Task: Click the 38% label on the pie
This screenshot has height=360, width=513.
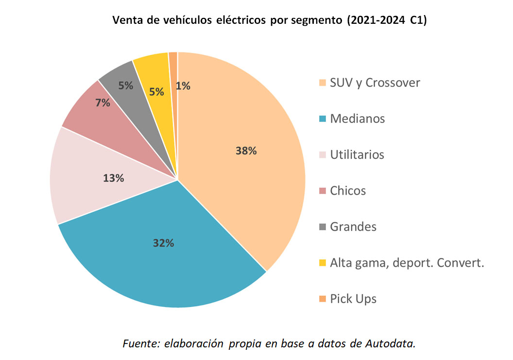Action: tap(246, 151)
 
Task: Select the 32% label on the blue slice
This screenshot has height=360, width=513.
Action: tap(163, 243)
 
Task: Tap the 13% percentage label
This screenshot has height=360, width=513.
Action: tap(113, 178)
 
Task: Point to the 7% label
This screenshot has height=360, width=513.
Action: tap(103, 103)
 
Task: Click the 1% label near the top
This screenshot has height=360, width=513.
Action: tap(183, 86)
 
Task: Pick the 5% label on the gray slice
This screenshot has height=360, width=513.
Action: tap(126, 86)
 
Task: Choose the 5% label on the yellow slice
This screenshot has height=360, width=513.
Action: tap(156, 91)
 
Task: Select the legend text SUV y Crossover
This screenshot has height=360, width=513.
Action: tap(375, 83)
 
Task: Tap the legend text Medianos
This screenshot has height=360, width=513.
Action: tap(357, 119)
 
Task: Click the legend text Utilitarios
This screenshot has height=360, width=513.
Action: tap(357, 154)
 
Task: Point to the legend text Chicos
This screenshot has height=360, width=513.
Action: tap(348, 190)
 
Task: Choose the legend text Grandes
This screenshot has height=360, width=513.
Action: tap(353, 226)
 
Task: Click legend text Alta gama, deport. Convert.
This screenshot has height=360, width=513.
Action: tap(407, 263)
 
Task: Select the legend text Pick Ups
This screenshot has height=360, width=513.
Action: tap(353, 298)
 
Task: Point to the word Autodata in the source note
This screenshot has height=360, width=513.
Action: tap(391, 343)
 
